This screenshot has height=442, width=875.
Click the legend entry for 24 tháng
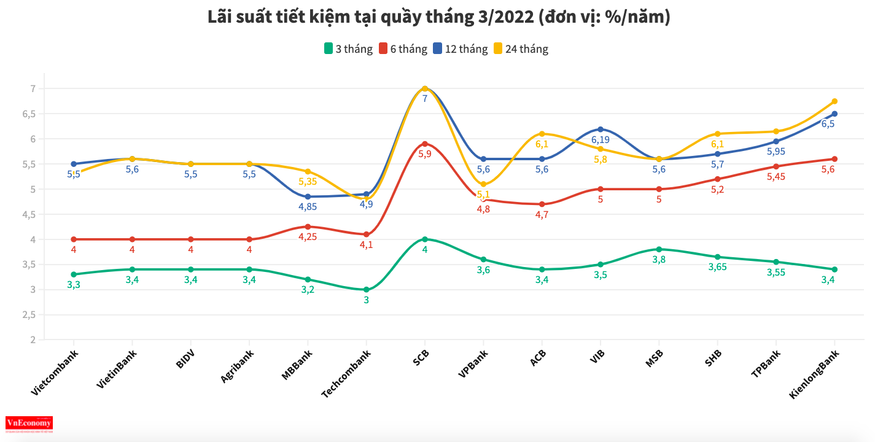point(521,49)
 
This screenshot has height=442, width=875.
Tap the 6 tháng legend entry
point(403,49)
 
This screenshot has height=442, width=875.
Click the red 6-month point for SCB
point(424,144)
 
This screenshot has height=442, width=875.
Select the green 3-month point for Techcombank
point(367,290)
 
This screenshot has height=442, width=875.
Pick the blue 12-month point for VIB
point(601,129)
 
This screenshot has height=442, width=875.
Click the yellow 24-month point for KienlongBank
point(834,101)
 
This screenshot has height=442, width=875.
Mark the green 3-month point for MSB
point(659,249)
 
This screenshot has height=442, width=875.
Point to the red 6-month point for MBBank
point(308,227)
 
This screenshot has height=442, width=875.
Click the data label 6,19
point(601,140)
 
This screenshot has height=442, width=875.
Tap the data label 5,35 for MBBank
point(308,182)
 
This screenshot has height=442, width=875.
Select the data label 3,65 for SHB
point(717,267)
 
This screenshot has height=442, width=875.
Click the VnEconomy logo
point(29,423)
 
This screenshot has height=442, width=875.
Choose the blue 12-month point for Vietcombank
point(74,164)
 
